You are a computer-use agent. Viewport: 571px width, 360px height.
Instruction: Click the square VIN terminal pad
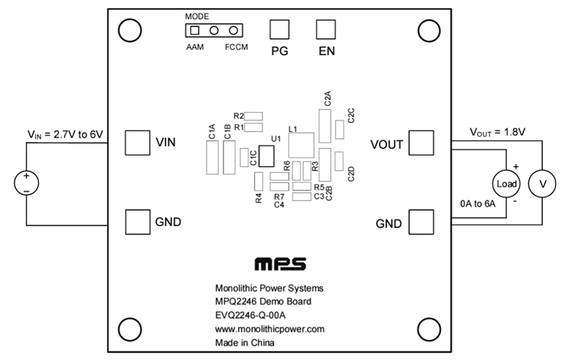click(137, 142)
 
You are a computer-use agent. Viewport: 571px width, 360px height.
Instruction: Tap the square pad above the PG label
click(280, 30)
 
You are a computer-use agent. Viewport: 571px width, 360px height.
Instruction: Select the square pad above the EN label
click(326, 30)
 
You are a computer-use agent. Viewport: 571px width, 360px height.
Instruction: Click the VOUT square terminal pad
click(421, 142)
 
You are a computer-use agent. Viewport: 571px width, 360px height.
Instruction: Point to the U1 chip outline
click(267, 156)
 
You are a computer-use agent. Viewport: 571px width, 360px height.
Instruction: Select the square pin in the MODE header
click(195, 30)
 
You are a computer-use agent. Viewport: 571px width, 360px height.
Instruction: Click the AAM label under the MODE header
click(195, 48)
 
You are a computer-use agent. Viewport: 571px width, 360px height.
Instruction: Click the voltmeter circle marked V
click(541, 183)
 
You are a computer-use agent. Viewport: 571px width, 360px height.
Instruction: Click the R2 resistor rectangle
click(253, 116)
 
